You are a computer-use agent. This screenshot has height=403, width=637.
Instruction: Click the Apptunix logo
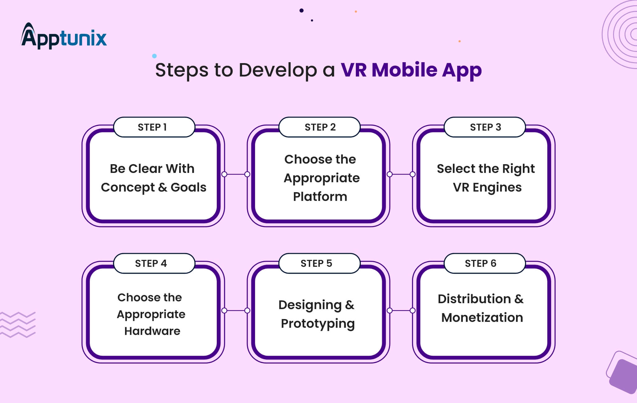click(64, 37)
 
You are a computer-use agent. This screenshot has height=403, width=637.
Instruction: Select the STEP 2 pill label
click(319, 127)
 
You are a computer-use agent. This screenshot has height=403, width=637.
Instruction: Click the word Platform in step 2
click(320, 197)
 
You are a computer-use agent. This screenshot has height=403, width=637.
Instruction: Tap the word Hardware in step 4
click(152, 331)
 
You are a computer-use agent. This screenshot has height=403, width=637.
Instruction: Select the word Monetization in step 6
click(482, 318)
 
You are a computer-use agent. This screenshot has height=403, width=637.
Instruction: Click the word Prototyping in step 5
click(318, 324)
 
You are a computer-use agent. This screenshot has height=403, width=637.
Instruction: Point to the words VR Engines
click(487, 188)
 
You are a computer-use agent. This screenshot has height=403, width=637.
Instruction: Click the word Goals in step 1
click(188, 188)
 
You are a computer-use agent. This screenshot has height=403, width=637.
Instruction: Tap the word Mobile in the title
click(404, 70)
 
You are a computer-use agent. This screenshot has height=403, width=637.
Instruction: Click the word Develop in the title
click(277, 70)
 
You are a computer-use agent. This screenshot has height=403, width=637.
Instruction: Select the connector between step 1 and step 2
click(236, 174)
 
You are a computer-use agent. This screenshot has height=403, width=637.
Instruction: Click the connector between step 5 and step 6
click(401, 310)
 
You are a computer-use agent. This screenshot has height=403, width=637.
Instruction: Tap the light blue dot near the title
click(154, 56)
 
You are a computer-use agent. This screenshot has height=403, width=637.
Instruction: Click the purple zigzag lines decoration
click(18, 325)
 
